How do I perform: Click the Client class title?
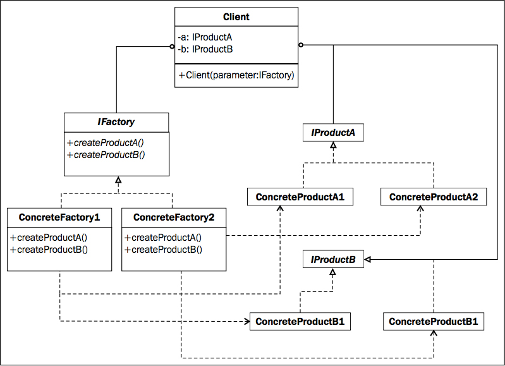coord(236,17)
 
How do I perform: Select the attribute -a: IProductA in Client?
coord(205,37)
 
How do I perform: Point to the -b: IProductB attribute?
coord(205,49)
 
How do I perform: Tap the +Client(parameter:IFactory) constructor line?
coord(236,75)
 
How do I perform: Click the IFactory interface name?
coord(116,122)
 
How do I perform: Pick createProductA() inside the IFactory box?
coord(106,143)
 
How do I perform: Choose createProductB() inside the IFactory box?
coord(106,155)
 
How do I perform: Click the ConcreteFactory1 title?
coord(59,217)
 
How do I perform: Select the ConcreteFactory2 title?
coord(174,217)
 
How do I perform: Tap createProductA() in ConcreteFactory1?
coord(49,238)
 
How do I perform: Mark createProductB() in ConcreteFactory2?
coord(163,250)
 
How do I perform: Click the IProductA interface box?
coord(333,132)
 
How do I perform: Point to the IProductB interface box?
coord(333,259)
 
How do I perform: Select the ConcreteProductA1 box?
coord(300,197)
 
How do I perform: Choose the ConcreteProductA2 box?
coord(434,197)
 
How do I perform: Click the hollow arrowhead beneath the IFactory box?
coord(118,180)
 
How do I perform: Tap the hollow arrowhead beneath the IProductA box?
coord(333,145)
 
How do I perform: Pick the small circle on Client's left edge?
coord(172,47)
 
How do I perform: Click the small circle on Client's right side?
coord(301,45)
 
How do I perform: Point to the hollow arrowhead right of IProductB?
coord(367,259)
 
